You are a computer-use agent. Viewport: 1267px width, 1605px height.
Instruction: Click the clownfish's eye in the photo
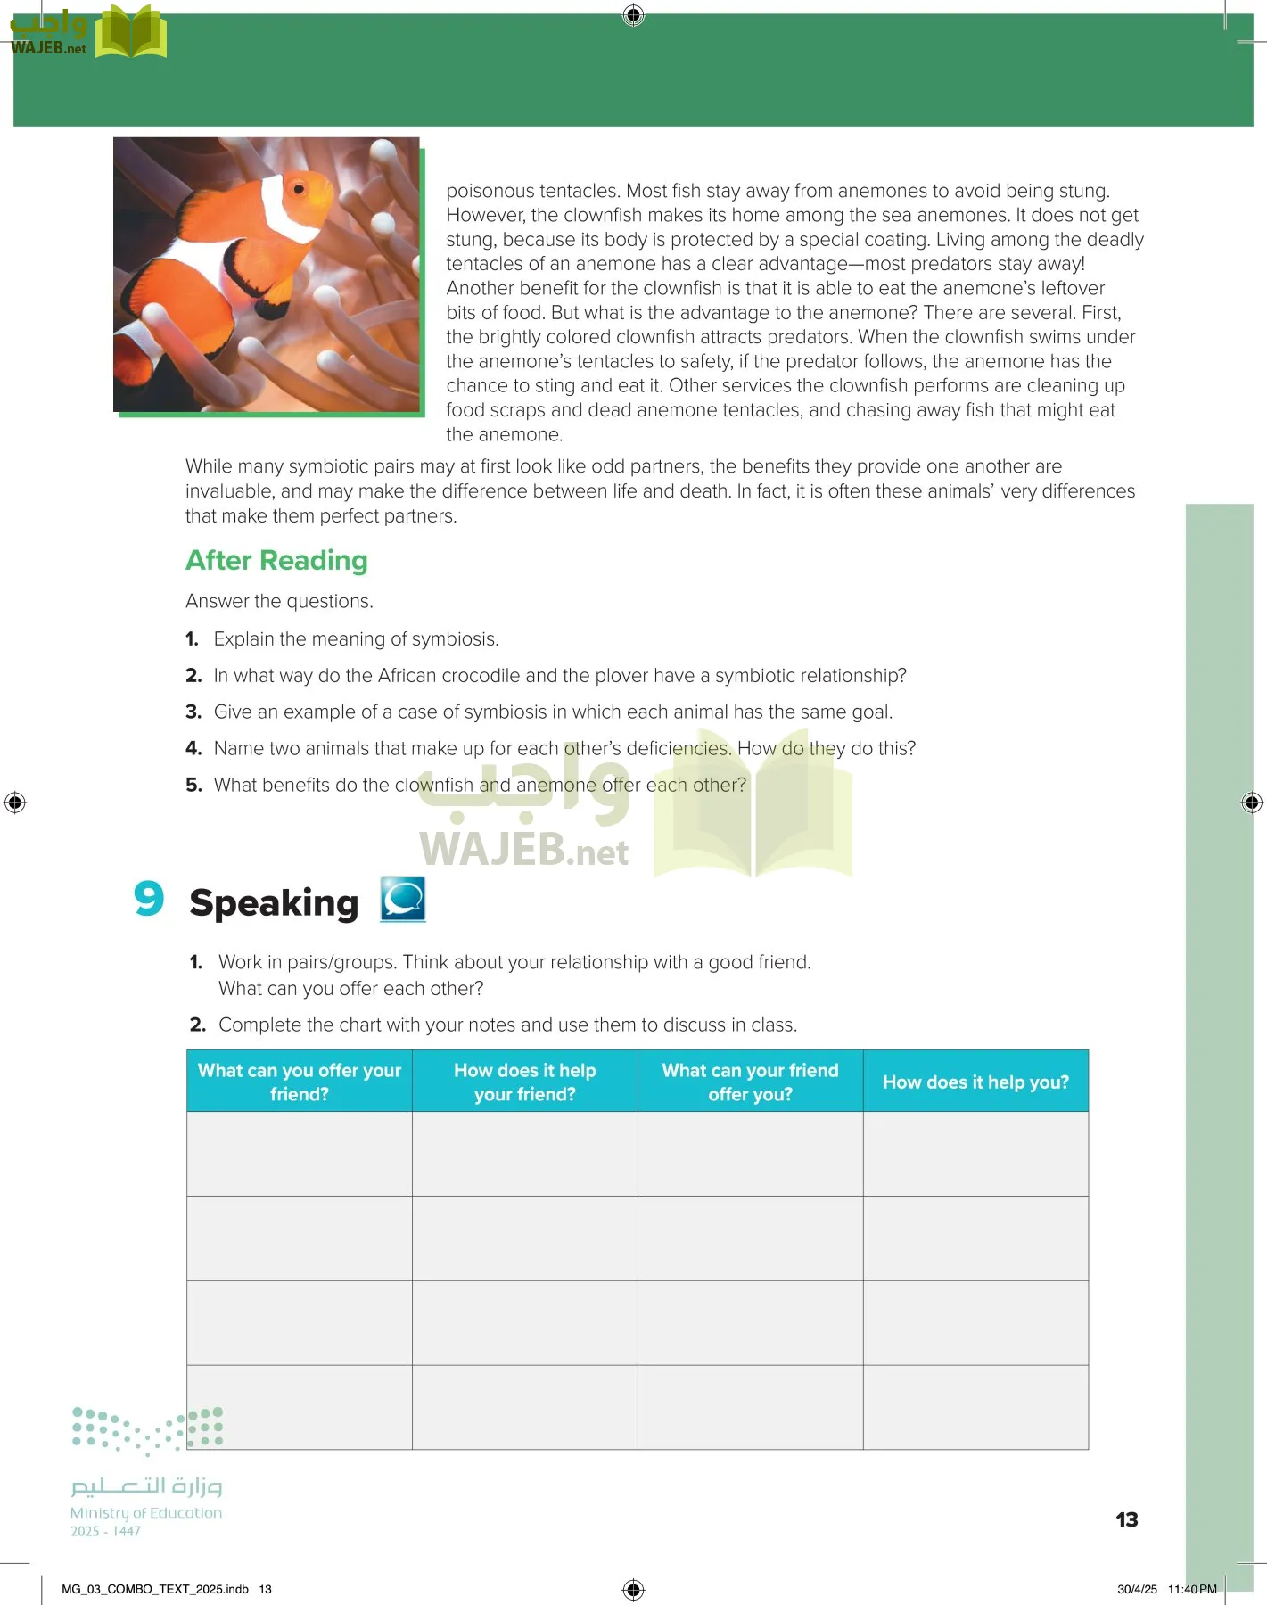tap(300, 189)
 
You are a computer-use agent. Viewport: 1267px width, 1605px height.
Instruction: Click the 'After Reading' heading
tap(276, 560)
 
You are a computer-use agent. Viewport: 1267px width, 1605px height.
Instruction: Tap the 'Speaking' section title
tap(274, 902)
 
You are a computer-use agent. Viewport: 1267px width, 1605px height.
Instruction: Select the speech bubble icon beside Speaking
tap(403, 899)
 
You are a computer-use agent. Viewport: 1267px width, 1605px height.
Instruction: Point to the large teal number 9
tap(149, 898)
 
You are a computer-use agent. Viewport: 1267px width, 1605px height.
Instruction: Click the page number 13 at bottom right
tap(1126, 1519)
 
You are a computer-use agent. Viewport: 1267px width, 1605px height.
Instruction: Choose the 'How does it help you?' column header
tap(975, 1082)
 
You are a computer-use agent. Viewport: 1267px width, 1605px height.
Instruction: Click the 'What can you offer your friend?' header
tap(300, 1082)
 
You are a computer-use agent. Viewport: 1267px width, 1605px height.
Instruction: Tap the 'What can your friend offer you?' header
tap(750, 1082)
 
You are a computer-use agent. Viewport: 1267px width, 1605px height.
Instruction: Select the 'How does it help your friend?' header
tap(524, 1082)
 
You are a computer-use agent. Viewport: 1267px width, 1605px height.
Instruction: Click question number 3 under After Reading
tap(193, 712)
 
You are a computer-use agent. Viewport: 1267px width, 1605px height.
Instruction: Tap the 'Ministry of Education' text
tap(146, 1513)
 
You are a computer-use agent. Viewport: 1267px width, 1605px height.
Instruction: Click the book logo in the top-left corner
tap(131, 33)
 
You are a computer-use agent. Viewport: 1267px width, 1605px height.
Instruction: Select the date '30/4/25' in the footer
tap(1137, 1589)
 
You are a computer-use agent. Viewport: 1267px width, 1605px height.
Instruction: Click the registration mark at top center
tap(633, 14)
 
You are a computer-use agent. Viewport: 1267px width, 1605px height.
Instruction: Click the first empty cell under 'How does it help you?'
tap(975, 1154)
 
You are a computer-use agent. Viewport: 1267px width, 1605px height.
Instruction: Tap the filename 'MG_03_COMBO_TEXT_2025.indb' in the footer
tap(155, 1589)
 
